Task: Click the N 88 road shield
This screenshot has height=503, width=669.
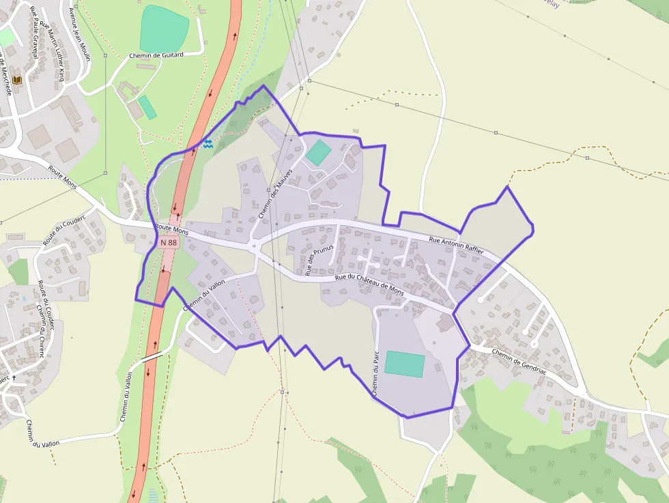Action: pyautogui.click(x=168, y=242)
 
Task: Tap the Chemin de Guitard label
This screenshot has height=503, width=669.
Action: pyautogui.click(x=156, y=55)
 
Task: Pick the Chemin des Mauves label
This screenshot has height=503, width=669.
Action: pyautogui.click(x=275, y=193)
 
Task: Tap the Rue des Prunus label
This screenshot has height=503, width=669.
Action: pyautogui.click(x=319, y=259)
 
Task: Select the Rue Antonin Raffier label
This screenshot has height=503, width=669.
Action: pyautogui.click(x=456, y=245)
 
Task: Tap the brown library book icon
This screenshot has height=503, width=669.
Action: pyautogui.click(x=17, y=81)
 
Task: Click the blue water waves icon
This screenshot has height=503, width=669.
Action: pyautogui.click(x=208, y=143)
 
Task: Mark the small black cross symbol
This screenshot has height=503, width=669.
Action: pyautogui.click(x=14, y=377)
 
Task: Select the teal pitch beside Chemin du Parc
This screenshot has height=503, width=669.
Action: pyautogui.click(x=404, y=364)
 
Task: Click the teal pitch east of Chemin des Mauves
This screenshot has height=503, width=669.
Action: pyautogui.click(x=318, y=152)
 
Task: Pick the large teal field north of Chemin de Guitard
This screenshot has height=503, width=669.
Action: pyautogui.click(x=164, y=29)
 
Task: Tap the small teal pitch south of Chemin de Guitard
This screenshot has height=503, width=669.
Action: pyautogui.click(x=147, y=107)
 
